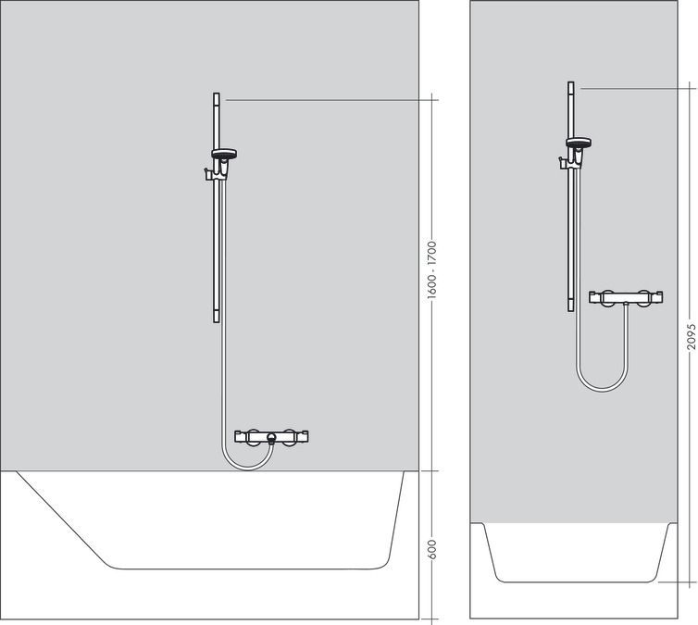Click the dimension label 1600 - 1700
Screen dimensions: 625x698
432,270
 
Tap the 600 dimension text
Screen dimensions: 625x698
432,548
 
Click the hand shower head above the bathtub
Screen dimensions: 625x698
224,155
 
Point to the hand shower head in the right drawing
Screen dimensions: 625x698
579,144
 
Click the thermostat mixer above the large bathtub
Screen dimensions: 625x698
270,436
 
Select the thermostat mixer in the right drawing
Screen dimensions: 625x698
627,299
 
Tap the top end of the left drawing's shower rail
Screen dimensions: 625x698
217,95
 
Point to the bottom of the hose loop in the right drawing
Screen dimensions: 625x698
601,389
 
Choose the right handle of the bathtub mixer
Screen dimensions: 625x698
293,436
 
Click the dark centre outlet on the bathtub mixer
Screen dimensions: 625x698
270,437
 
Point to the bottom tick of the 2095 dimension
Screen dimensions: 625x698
691,582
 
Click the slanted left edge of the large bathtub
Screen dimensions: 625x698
65,519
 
